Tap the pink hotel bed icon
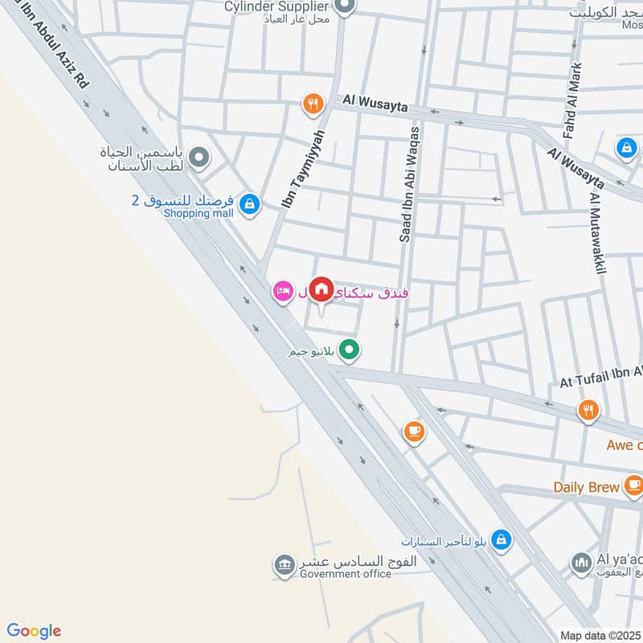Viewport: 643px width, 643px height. pos(282,291)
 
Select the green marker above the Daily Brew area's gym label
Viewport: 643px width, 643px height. pos(348,350)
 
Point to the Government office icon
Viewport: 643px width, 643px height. pos(283,564)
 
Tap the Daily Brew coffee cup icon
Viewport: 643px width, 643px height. pos(633,485)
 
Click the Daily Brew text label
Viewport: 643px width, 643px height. pos(586,487)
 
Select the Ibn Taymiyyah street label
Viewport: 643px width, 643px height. pos(304,168)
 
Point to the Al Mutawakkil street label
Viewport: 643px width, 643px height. pos(597,233)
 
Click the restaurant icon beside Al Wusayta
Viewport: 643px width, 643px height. pos(312,104)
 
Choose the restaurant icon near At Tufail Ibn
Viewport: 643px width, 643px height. pos(588,411)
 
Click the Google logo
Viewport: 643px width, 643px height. pos(34,631)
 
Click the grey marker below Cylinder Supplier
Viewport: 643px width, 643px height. pos(345,8)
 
